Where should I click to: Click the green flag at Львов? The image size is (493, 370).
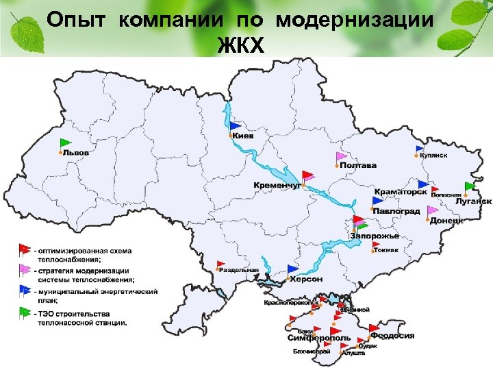tap(65, 143)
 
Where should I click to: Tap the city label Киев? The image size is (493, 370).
tap(243, 136)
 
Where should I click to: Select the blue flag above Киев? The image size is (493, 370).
tap(235, 126)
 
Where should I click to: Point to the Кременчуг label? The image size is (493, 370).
tap(277, 186)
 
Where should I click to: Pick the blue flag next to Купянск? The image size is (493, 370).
tap(419, 149)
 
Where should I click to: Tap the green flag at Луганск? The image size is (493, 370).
tap(470, 186)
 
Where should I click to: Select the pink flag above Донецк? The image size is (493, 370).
tap(432, 211)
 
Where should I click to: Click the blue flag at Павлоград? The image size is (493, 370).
tap(377, 201)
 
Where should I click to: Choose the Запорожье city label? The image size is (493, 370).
tap(374, 236)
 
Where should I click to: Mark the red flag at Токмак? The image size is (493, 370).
tap(378, 242)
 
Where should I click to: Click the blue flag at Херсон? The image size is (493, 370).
tap(293, 269)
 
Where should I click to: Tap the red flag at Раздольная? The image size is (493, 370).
tap(220, 264)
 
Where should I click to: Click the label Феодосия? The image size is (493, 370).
tap(393, 336)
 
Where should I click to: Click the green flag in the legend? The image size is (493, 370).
tap(25, 312)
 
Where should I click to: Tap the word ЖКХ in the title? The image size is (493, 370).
tap(240, 45)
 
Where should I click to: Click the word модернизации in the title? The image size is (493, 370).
tap(355, 20)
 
